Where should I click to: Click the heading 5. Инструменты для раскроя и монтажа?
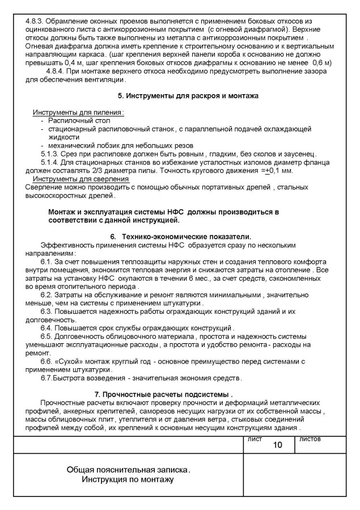(180, 96)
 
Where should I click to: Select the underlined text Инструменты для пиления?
(79, 112)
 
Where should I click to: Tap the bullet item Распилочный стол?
(79, 121)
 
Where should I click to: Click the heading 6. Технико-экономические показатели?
(180, 236)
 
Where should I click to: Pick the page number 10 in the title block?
(277, 445)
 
